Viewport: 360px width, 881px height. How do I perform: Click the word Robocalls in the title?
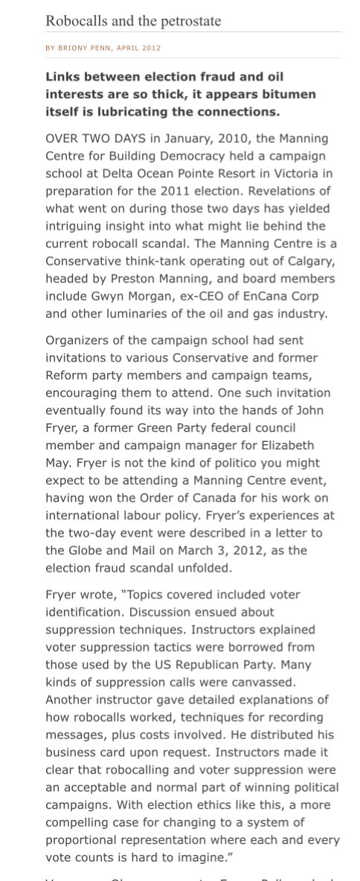74,21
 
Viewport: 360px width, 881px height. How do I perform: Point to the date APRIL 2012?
139,48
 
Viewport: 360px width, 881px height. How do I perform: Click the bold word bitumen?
286,94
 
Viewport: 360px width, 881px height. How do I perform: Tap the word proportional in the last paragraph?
83,840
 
